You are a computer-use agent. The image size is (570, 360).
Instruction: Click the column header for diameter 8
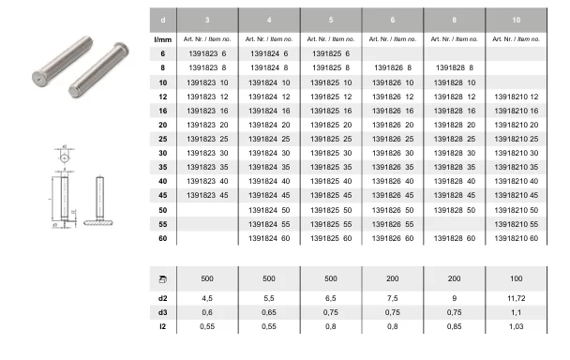(454, 20)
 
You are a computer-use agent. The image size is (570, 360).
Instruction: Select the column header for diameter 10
(517, 20)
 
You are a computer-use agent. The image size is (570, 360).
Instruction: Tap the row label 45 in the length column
(163, 195)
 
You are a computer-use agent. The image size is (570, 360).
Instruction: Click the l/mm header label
(163, 39)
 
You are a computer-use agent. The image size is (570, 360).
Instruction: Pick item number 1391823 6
(207, 53)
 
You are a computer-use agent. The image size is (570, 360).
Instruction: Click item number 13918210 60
(517, 238)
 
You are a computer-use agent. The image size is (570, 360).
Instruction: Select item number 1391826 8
(393, 67)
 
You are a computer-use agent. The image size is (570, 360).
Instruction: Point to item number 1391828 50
(455, 210)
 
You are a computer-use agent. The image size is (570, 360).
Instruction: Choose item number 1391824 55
(269, 224)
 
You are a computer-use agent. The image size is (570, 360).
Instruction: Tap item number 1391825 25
(331, 139)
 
